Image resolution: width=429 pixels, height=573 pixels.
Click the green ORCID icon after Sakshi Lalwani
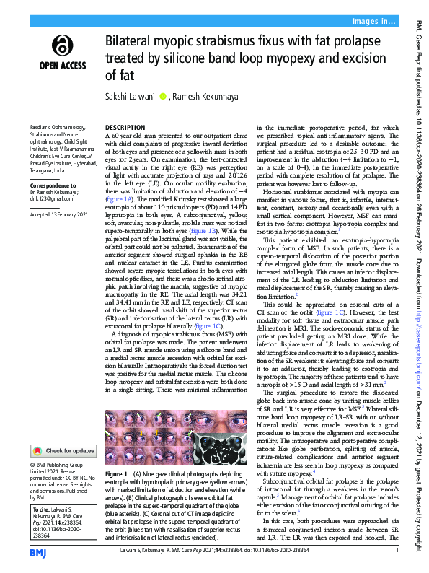click(x=163, y=96)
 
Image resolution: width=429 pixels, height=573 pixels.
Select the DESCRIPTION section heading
click(x=125, y=126)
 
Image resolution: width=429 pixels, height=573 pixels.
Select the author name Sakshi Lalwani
click(x=131, y=96)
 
